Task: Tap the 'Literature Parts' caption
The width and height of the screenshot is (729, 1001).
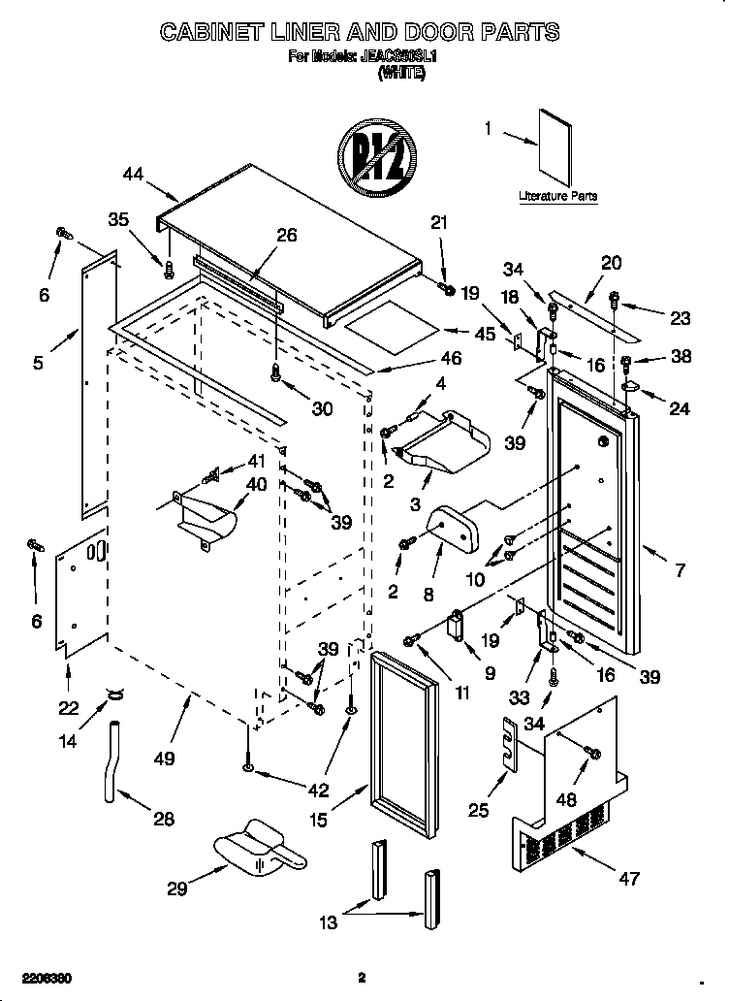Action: click(557, 196)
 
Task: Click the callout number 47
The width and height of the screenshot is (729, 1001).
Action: click(629, 879)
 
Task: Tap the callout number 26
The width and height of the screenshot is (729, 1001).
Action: click(286, 235)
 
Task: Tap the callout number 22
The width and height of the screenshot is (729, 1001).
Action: click(67, 707)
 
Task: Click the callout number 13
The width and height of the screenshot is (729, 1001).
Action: click(330, 922)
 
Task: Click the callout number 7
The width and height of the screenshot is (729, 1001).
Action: click(680, 570)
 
